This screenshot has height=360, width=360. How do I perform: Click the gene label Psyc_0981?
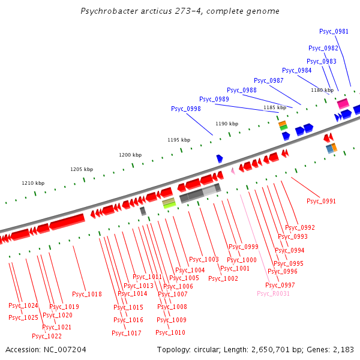334,31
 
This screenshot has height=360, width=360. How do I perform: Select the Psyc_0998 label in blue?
185,109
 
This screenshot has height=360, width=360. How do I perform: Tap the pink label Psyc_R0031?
273,293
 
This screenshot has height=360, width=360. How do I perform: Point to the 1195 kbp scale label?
179,140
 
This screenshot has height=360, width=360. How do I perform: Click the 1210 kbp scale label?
33,183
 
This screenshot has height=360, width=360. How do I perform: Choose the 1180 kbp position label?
322,90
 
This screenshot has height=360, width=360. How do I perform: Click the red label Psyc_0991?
321,201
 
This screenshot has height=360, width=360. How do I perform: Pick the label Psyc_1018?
87,294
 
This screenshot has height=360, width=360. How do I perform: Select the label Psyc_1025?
23,317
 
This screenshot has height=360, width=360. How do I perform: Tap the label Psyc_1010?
170,332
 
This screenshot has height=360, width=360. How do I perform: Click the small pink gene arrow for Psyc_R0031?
232,171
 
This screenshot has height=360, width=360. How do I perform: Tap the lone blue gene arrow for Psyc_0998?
220,158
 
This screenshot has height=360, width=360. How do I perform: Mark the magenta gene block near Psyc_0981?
343,104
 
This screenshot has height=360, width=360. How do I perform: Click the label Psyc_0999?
243,247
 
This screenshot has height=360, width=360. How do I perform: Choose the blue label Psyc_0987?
268,80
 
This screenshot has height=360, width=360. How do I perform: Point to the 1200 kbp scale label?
130,155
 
